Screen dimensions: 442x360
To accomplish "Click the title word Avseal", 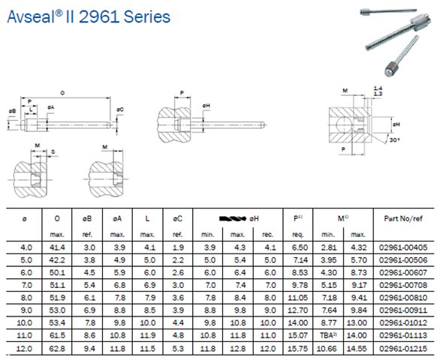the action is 31,16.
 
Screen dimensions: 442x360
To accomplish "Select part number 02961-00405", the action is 403,247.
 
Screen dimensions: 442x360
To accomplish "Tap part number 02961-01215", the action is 403,349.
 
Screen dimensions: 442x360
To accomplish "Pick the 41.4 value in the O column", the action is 57,247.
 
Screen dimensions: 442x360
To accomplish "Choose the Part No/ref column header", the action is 403,218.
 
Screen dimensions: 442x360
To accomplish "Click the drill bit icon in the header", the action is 233,218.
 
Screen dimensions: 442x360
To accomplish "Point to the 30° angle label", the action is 395,139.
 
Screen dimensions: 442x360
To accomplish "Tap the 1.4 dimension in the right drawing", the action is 377,88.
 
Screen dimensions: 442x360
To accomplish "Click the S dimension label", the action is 53,151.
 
